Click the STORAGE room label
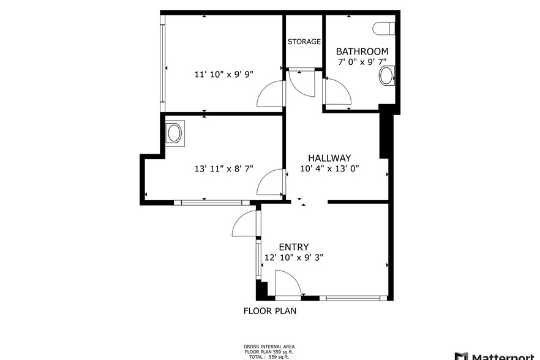304,42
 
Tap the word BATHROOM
362,51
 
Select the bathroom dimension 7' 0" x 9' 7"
362,62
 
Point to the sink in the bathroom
387,76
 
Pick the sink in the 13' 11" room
175,133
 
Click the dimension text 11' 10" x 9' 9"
223,74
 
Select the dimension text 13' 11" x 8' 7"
223,168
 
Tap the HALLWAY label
329,157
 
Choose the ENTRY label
293,247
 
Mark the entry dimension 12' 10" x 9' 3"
293,258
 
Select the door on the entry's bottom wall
288,285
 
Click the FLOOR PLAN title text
270,311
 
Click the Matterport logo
496,356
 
